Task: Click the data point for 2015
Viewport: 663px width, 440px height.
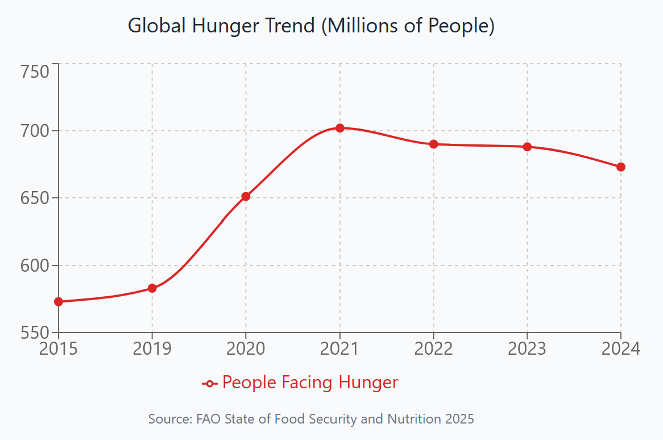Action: click(x=59, y=301)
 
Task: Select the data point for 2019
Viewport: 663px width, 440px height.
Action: click(x=152, y=288)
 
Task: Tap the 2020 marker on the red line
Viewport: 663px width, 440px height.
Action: click(x=246, y=197)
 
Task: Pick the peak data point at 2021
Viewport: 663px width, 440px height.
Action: click(x=340, y=128)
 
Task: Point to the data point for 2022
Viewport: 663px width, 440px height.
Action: click(x=434, y=144)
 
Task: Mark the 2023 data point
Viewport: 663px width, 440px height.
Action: click(x=527, y=147)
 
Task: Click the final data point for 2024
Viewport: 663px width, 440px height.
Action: click(x=621, y=167)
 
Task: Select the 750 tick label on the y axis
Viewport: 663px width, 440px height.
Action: click(x=36, y=72)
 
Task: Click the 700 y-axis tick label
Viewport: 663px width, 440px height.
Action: click(x=36, y=131)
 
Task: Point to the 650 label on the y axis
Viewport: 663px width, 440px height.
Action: click(x=36, y=198)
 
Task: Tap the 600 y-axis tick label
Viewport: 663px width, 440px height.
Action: click(x=36, y=265)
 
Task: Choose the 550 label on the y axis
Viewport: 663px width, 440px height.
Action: click(x=36, y=333)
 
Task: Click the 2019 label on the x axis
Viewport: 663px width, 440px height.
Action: click(x=152, y=348)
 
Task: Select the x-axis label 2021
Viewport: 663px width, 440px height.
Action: click(x=340, y=348)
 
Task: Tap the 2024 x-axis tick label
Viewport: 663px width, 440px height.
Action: click(x=621, y=348)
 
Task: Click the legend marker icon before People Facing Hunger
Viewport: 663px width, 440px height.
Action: click(x=210, y=384)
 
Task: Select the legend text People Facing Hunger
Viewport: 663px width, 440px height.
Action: click(x=310, y=383)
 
